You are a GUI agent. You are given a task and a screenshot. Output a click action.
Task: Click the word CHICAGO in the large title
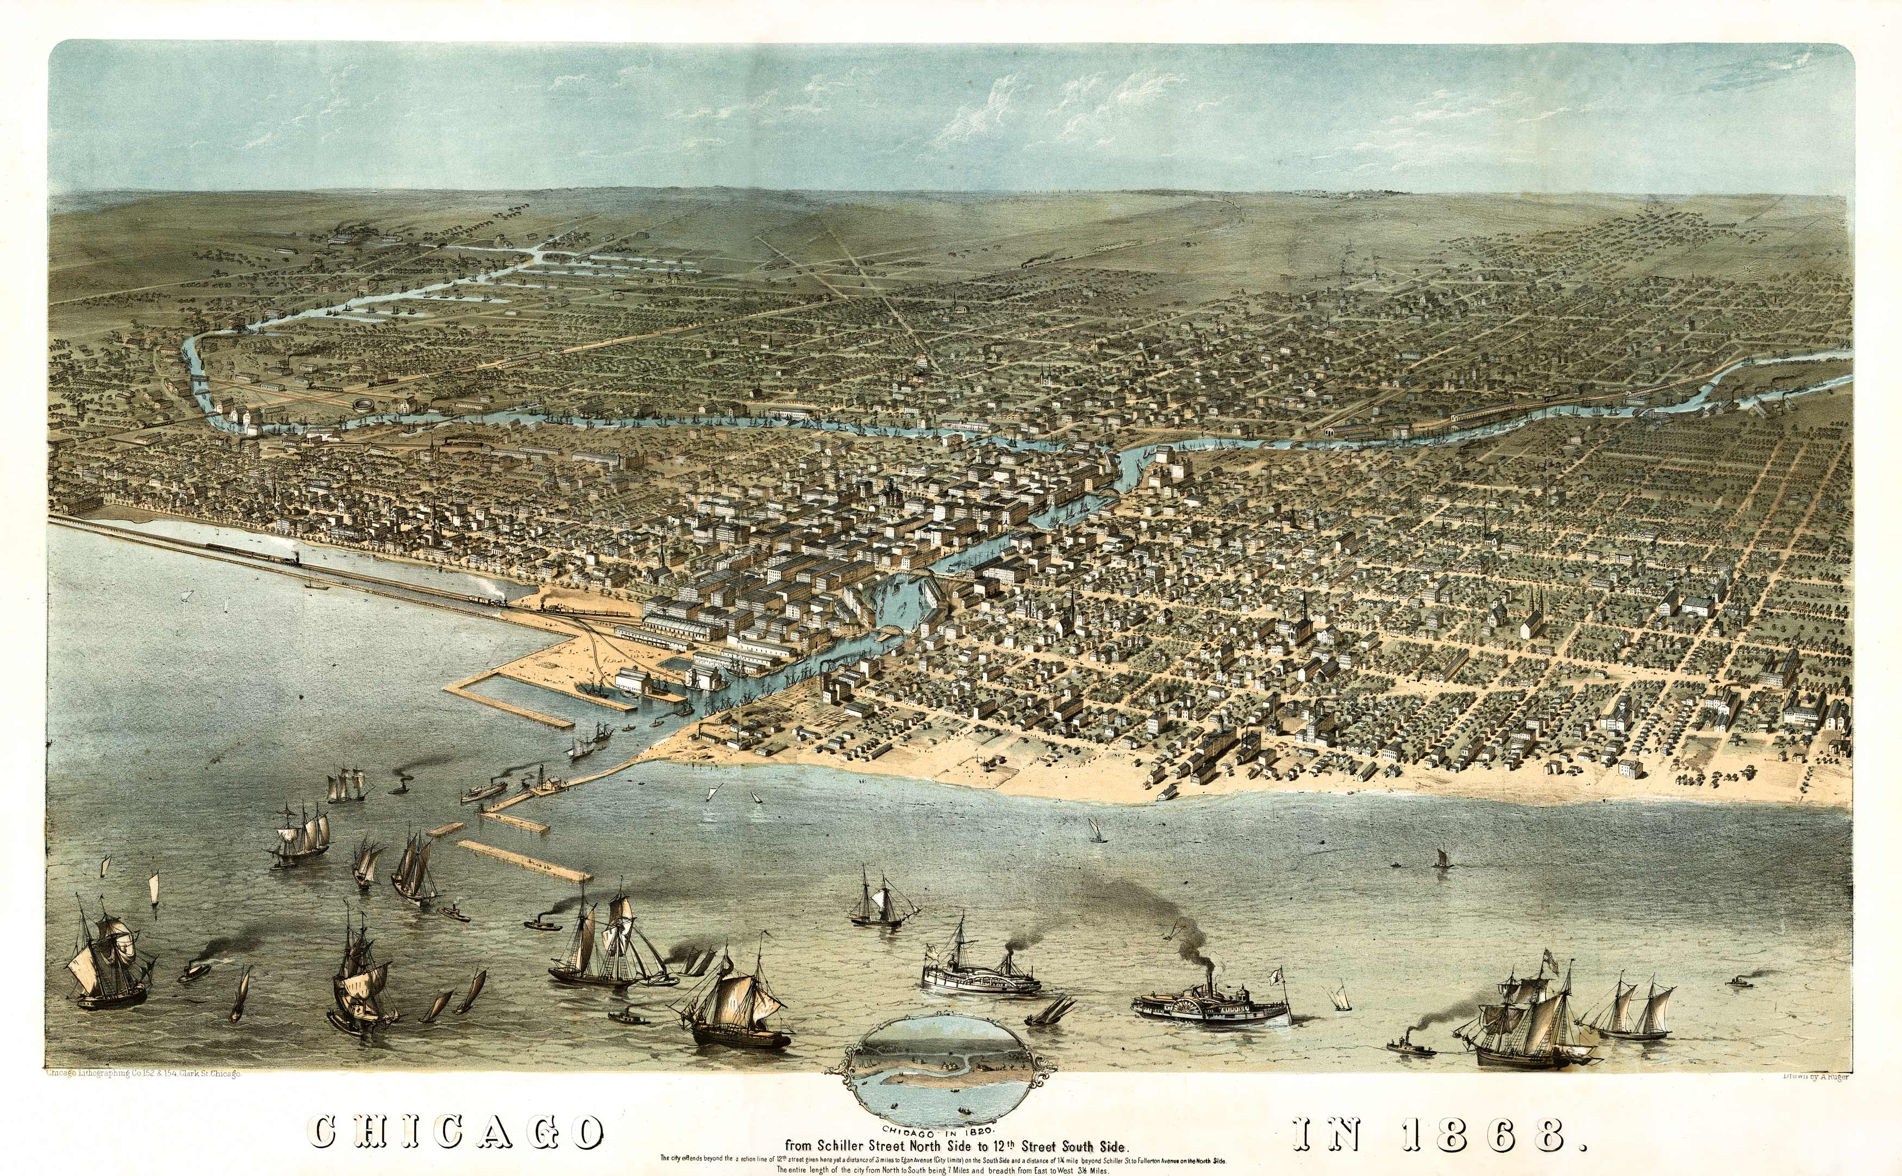458,1133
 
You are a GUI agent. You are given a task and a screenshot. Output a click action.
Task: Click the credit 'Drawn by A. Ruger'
1814,1077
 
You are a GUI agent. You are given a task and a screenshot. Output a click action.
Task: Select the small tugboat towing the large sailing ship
1410,1047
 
